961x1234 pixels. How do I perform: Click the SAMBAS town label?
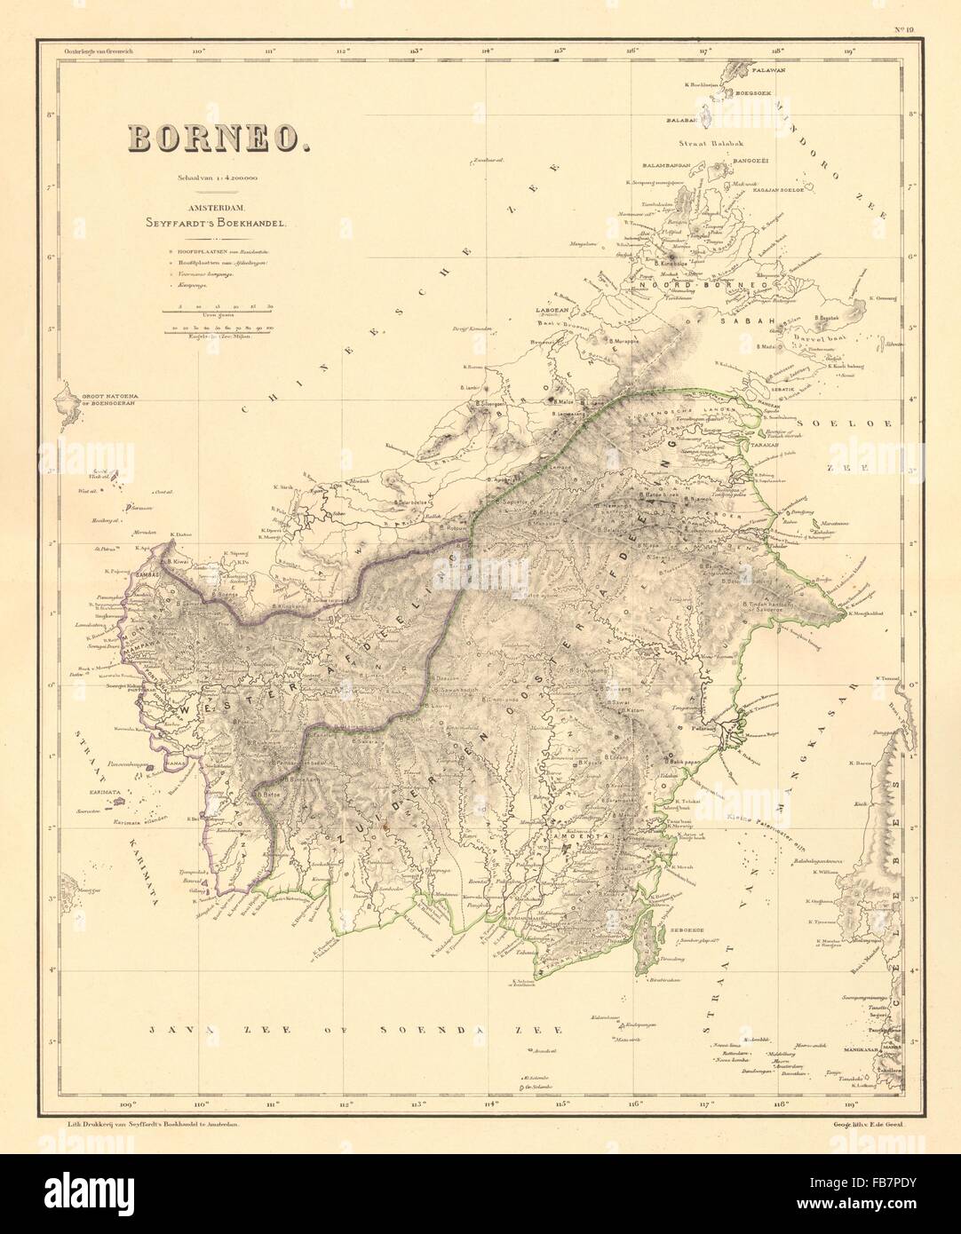(x=147, y=573)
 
